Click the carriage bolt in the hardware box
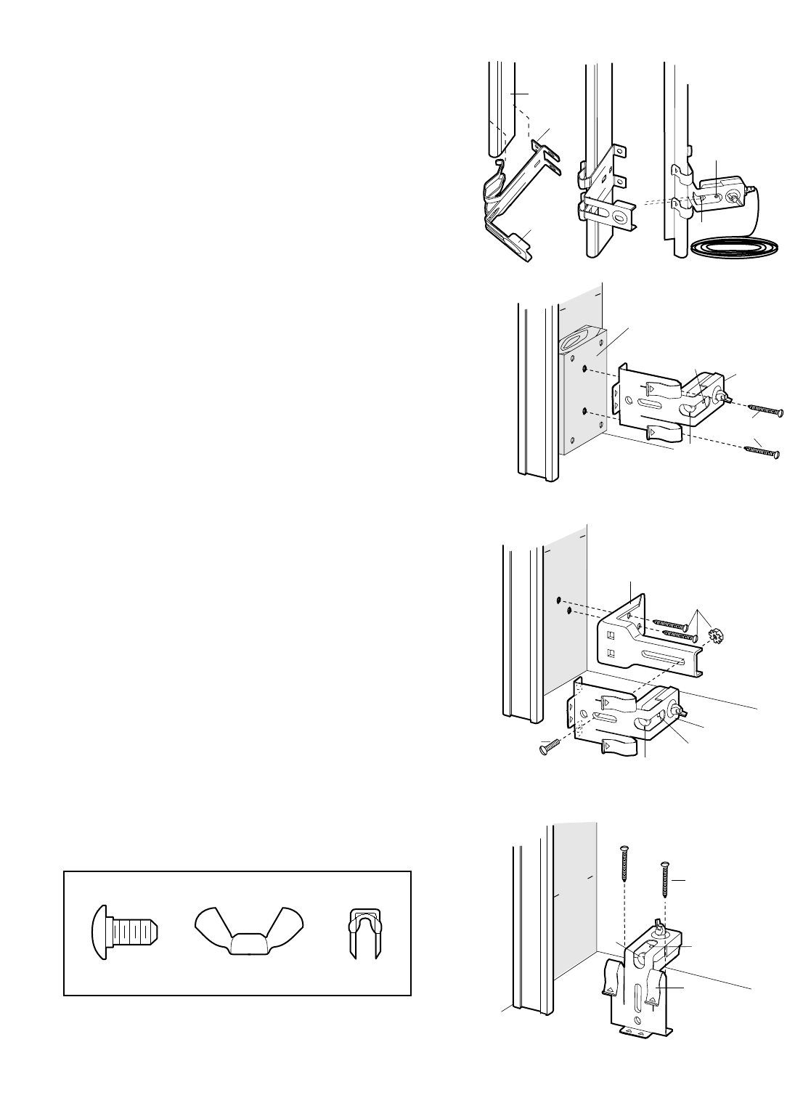(125, 932)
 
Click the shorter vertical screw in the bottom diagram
(665, 883)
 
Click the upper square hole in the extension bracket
(611, 632)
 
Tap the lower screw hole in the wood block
(584, 412)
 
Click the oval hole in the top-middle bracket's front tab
(619, 216)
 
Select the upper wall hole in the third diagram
(558, 599)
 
